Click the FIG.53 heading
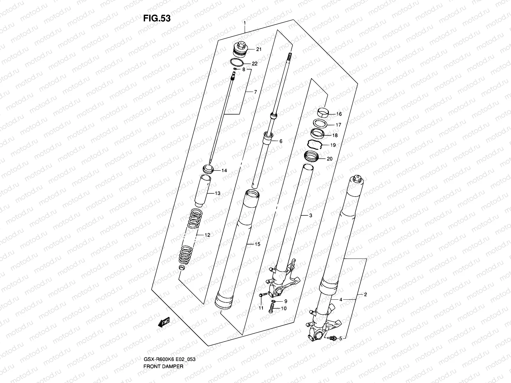[156, 18]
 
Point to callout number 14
[224, 170]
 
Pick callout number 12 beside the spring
[207, 235]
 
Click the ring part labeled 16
[323, 113]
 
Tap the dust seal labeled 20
[312, 156]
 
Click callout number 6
[281, 141]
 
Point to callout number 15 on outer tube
[257, 244]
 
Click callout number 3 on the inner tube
[310, 215]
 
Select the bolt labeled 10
[271, 308]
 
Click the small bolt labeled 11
[261, 296]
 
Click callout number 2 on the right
[366, 295]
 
